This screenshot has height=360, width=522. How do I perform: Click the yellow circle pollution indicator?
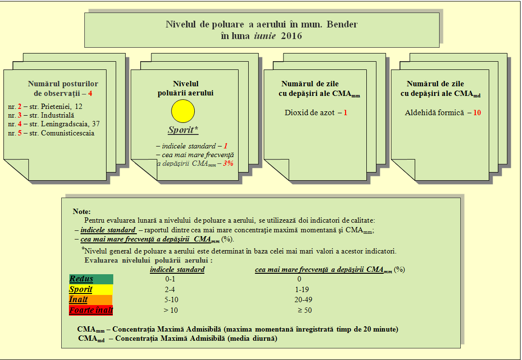click(183, 111)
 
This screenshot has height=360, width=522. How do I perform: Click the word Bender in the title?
click(342, 24)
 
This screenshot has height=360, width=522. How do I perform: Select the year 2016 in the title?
click(291, 36)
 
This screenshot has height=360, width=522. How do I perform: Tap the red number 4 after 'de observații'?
click(90, 93)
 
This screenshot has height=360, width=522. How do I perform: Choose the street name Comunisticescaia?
click(67, 133)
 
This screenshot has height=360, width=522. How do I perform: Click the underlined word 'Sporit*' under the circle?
click(183, 130)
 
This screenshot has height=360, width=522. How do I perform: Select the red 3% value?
click(228, 163)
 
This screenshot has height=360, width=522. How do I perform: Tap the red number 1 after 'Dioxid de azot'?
click(345, 113)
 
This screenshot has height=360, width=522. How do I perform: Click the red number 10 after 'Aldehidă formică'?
click(477, 113)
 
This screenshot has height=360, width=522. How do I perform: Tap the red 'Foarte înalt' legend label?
click(91, 310)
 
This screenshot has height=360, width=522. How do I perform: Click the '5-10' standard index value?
click(171, 300)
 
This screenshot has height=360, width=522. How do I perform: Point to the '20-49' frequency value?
click(303, 300)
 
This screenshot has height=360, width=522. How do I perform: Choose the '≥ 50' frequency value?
click(305, 310)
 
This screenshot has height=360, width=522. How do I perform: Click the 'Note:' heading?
click(81, 212)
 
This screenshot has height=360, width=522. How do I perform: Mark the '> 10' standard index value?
click(171, 310)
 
